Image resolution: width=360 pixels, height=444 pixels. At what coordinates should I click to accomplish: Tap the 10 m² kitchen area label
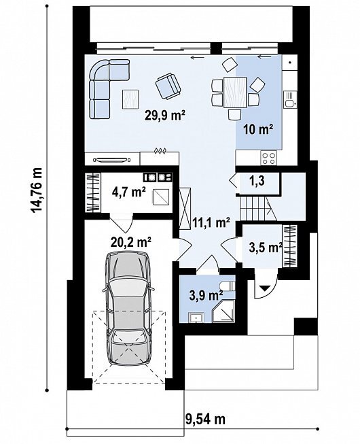pos(259,129)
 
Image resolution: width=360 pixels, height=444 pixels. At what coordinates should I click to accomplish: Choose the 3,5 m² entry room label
pos(266,247)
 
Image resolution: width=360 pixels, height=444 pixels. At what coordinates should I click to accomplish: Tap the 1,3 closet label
pos(257,181)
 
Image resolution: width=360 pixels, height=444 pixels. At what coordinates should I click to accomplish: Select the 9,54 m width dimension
pos(205,419)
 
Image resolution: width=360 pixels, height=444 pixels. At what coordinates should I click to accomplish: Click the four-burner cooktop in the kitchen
pos(269,158)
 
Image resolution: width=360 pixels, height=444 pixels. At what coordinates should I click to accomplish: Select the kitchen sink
pos(290,99)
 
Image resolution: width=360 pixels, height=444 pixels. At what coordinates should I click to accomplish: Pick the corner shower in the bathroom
pos(223,313)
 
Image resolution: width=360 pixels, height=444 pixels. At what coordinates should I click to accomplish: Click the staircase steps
pos(253,209)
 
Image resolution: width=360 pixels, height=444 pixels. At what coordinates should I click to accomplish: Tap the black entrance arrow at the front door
pos(265,288)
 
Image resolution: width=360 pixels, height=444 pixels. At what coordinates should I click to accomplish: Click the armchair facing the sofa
pos(168,86)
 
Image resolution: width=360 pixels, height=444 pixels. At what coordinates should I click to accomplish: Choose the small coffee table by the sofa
pos(130,99)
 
